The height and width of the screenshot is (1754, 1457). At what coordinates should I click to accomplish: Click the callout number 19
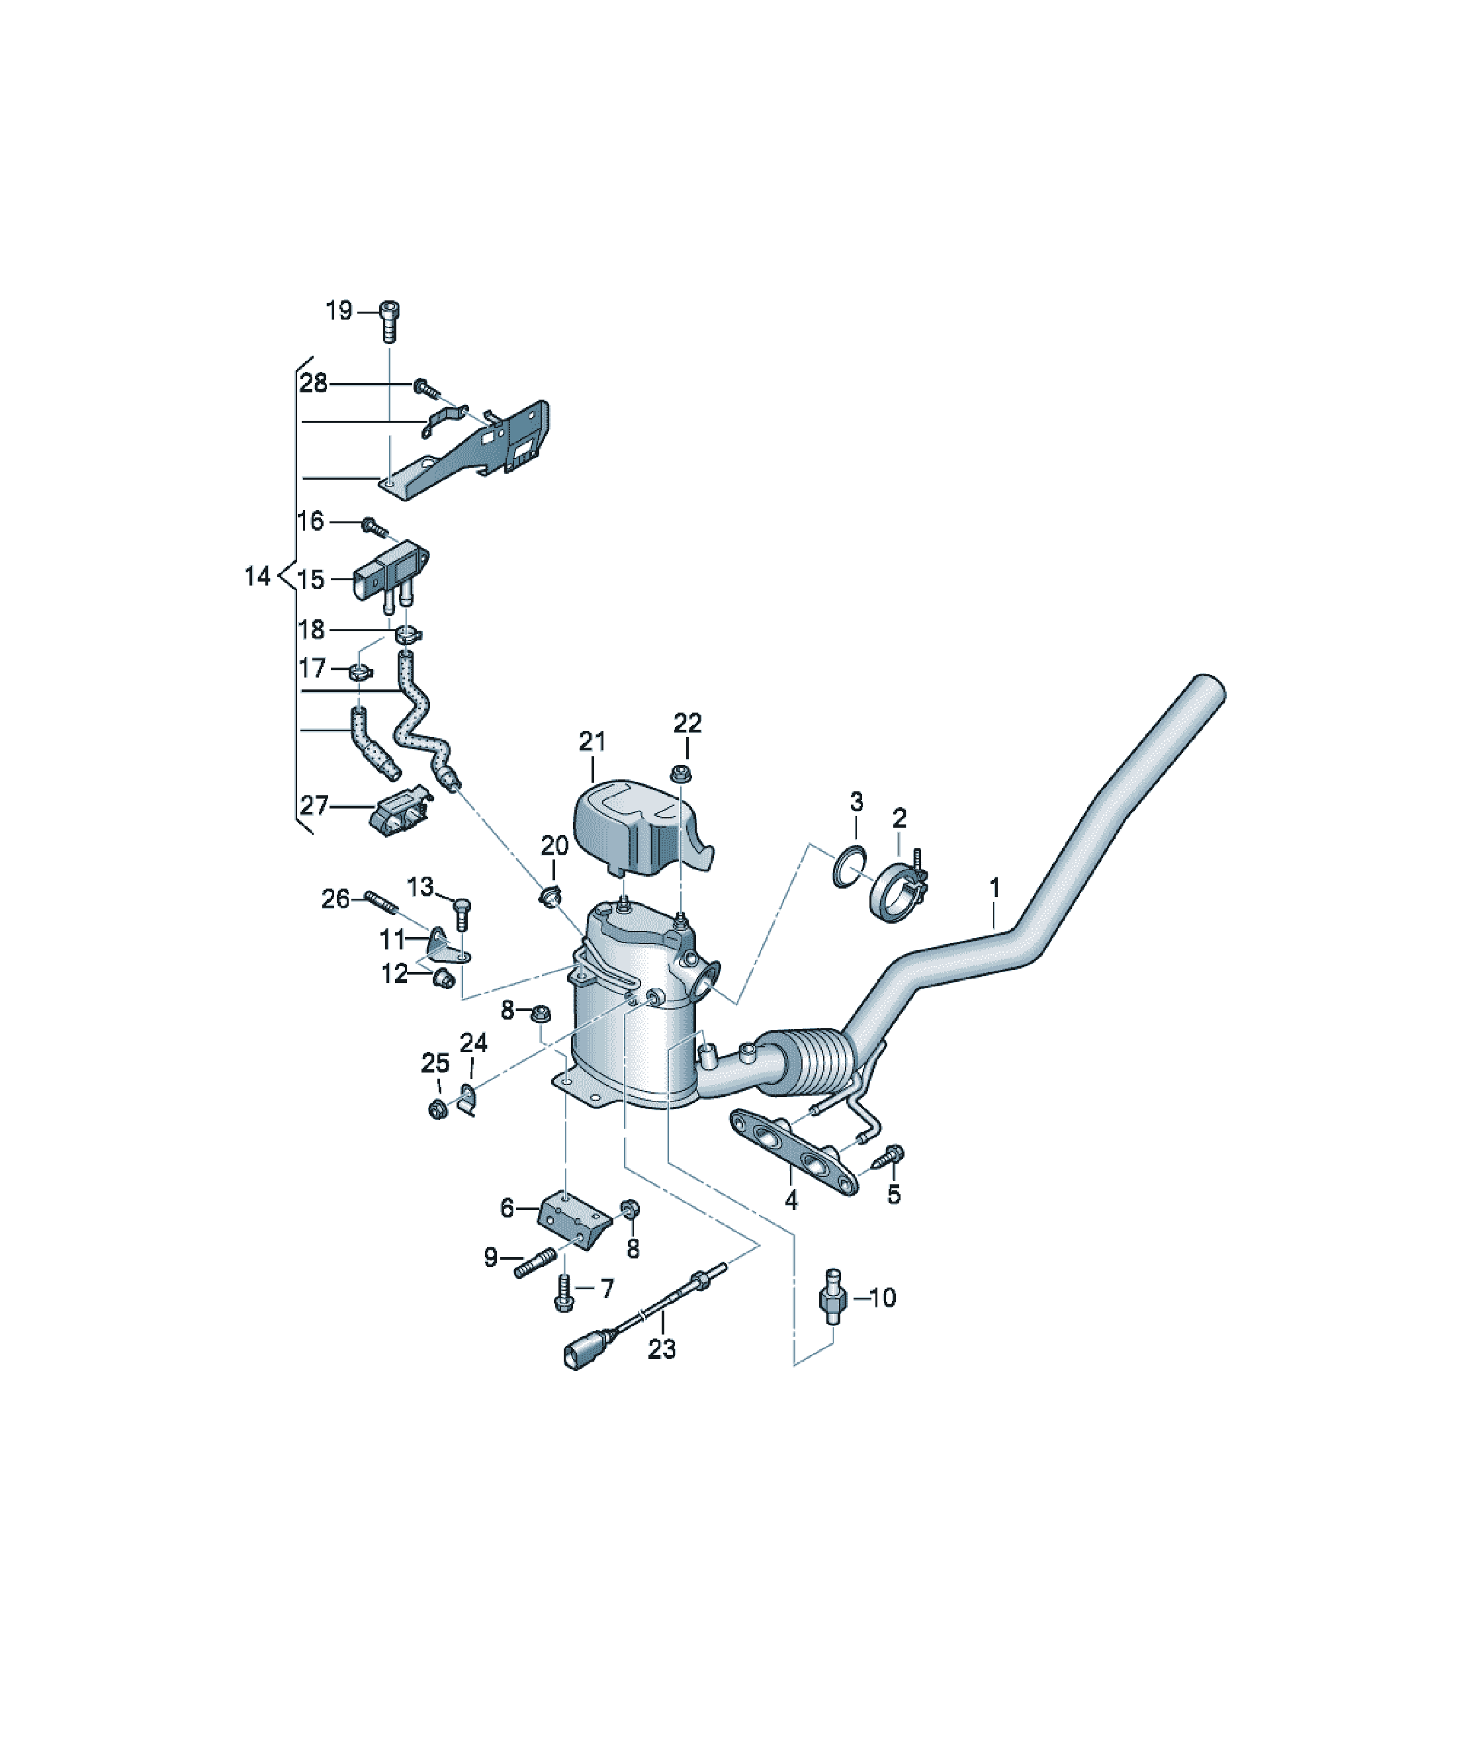[x=338, y=311]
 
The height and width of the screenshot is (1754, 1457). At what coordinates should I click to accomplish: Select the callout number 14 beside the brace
[x=257, y=576]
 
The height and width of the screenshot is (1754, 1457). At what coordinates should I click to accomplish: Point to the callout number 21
[x=592, y=741]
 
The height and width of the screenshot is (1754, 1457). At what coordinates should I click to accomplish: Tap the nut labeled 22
[x=681, y=771]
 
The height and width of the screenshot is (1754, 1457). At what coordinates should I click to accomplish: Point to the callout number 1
[x=994, y=887]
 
